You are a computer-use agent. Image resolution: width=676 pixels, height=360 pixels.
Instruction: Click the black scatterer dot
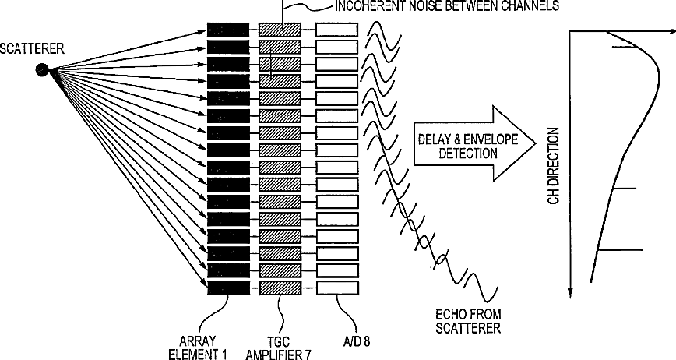43,70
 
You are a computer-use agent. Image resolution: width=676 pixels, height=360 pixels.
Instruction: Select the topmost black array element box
228,30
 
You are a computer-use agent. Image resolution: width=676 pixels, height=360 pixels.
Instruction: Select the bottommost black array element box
228,288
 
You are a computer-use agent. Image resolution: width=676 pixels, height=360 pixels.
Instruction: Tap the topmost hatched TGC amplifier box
280,30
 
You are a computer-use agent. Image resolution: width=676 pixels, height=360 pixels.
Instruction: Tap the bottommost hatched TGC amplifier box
280,288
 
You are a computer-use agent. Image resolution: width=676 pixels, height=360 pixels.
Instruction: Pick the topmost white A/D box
336,30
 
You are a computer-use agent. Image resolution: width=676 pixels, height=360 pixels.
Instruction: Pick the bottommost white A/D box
336,288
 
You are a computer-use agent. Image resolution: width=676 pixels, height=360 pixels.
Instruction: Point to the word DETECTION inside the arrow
467,154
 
